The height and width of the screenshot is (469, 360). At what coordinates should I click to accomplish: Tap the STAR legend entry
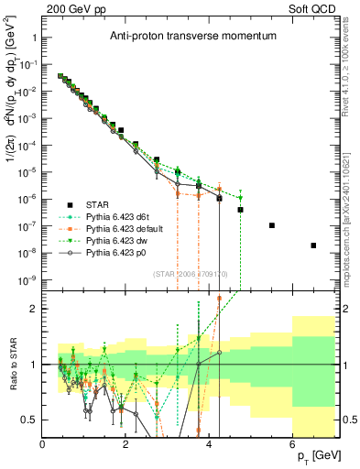coord(98,204)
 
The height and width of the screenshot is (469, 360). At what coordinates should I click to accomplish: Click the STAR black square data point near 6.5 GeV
coord(313,245)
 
